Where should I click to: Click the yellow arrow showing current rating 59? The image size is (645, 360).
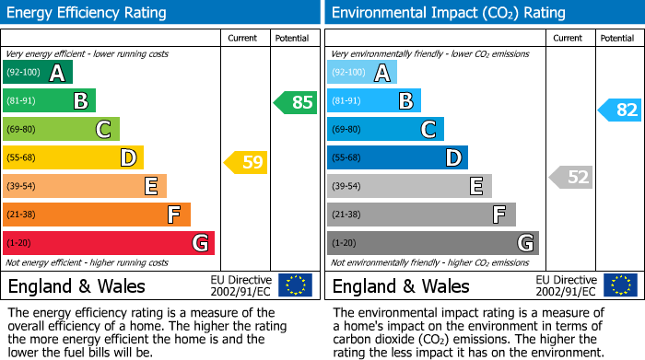point(246,163)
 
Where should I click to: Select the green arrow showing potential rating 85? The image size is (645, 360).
point(296,102)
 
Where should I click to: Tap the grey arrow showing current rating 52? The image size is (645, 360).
point(570,177)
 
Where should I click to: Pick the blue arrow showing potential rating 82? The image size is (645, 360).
point(620,110)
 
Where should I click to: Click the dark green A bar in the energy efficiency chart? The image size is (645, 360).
point(38,73)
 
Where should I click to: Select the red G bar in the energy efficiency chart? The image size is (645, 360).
point(109,243)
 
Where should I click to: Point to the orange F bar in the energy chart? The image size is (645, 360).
point(97,215)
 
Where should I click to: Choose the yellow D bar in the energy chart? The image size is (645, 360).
point(73,158)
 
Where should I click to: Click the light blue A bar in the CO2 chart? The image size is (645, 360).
point(362,73)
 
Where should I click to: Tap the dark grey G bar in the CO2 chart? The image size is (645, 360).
point(432,243)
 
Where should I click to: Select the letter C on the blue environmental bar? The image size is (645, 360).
point(428,130)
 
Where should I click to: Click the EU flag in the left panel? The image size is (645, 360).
point(295,285)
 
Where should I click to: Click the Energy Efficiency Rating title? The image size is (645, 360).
point(88,13)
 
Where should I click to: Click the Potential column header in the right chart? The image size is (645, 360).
point(616,38)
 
